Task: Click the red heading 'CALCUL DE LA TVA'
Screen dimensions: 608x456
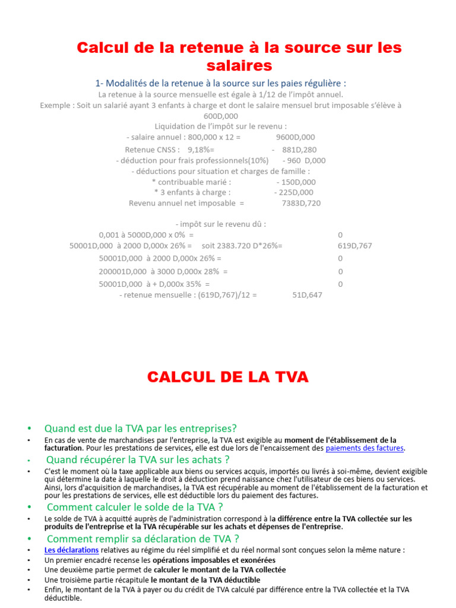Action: [x=227, y=376]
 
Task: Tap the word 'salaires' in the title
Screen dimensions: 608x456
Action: [x=239, y=65]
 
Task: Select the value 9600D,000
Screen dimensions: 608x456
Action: [x=296, y=137]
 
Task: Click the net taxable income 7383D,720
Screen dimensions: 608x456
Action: [x=301, y=203]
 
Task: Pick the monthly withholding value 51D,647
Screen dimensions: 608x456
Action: [x=308, y=294]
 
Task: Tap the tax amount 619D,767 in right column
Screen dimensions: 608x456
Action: [x=355, y=246]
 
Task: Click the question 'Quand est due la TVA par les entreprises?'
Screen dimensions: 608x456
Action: [x=140, y=428]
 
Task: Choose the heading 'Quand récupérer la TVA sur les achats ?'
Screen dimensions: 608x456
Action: [x=138, y=460]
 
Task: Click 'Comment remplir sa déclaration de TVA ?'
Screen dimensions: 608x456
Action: [x=142, y=539]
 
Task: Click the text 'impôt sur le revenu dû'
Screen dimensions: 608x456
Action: [x=221, y=224]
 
